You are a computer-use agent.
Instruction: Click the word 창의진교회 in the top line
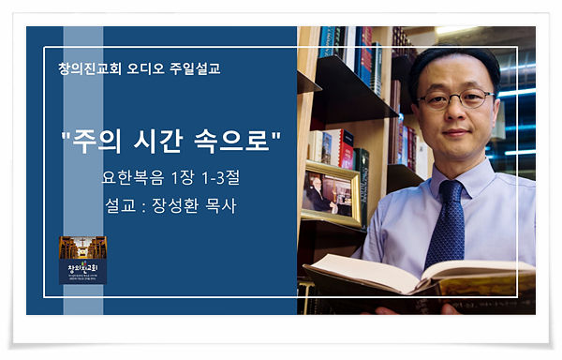(x=90, y=68)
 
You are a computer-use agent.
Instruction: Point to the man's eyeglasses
(x=453, y=97)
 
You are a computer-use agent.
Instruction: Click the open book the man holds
(x=421, y=275)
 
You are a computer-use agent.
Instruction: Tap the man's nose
(x=456, y=112)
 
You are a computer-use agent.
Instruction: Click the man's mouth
(x=457, y=131)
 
